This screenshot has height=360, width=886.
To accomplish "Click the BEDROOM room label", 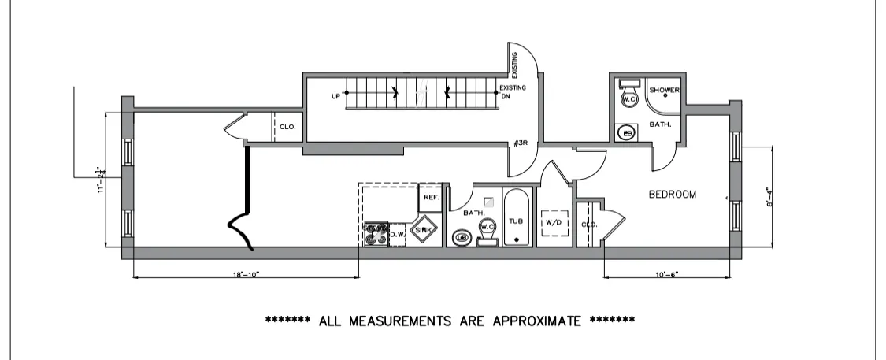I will point(672,195).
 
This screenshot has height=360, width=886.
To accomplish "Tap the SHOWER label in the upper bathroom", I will point(664,90).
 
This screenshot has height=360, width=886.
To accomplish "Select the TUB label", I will point(516,221).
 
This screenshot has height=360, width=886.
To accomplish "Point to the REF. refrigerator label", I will point(431,198).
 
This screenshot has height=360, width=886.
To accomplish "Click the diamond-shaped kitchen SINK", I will point(424,229).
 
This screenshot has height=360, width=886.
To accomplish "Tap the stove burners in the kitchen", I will point(376,232).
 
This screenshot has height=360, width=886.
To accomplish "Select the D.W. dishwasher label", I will point(397,233).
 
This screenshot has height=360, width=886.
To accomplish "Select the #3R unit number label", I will point(520,143).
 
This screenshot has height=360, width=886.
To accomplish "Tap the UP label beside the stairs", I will point(336,96).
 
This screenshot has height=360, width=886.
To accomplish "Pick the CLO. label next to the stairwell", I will point(287,127).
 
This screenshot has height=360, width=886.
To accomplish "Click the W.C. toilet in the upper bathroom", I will point(628,98).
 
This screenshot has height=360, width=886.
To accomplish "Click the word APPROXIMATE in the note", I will point(537,321).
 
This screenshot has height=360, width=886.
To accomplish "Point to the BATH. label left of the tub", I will point(473,213).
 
